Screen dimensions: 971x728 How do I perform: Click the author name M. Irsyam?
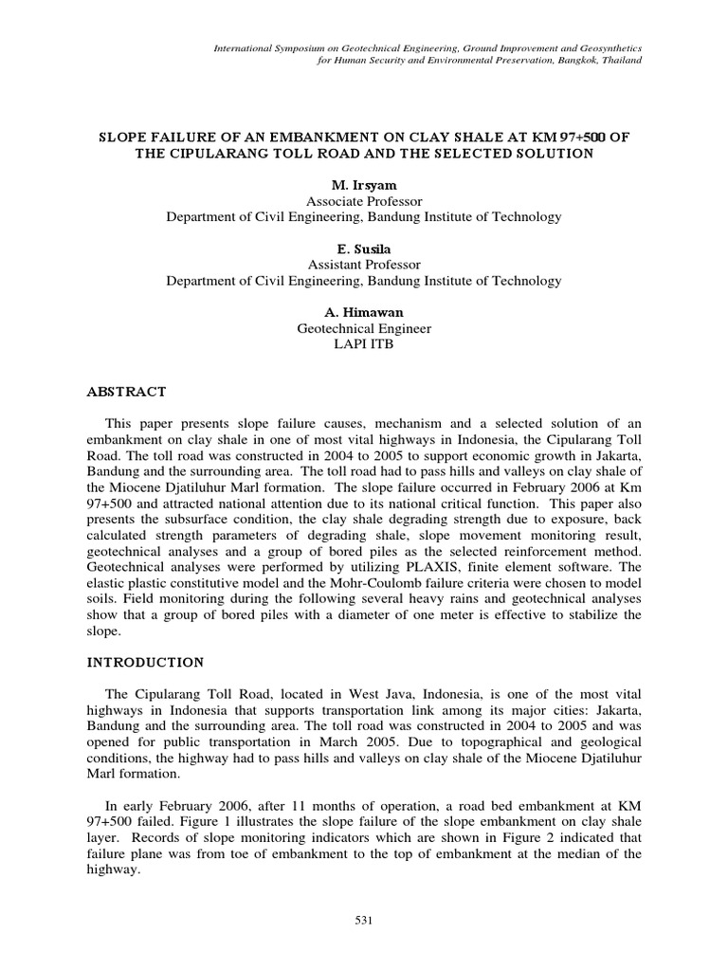(x=364, y=185)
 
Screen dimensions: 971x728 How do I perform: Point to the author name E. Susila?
(x=364, y=249)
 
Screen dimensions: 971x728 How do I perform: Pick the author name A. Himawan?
(x=364, y=313)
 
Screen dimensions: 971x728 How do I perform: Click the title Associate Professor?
(x=364, y=201)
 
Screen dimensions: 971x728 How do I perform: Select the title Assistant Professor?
(x=364, y=266)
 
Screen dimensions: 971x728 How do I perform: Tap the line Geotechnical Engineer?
(x=364, y=329)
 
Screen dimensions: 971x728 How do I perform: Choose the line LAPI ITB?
(x=364, y=345)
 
